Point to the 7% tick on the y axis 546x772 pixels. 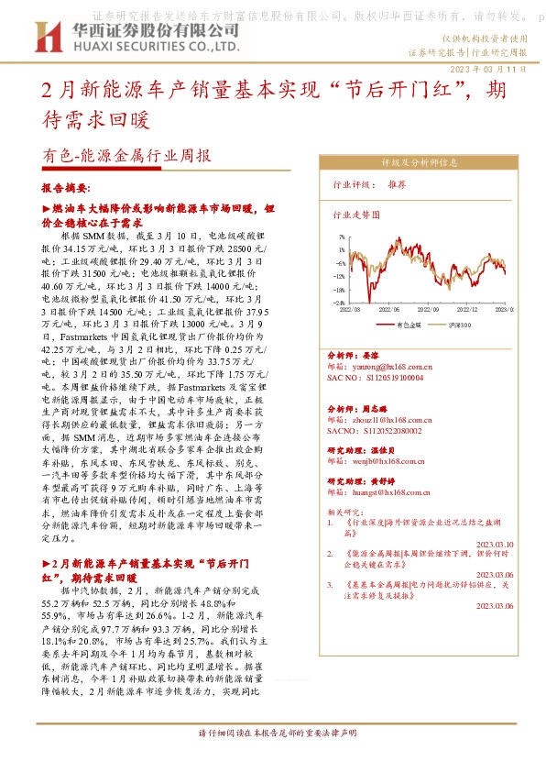coord(341,236)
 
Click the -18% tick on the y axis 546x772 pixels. coord(339,288)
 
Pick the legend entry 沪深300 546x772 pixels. coord(460,325)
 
